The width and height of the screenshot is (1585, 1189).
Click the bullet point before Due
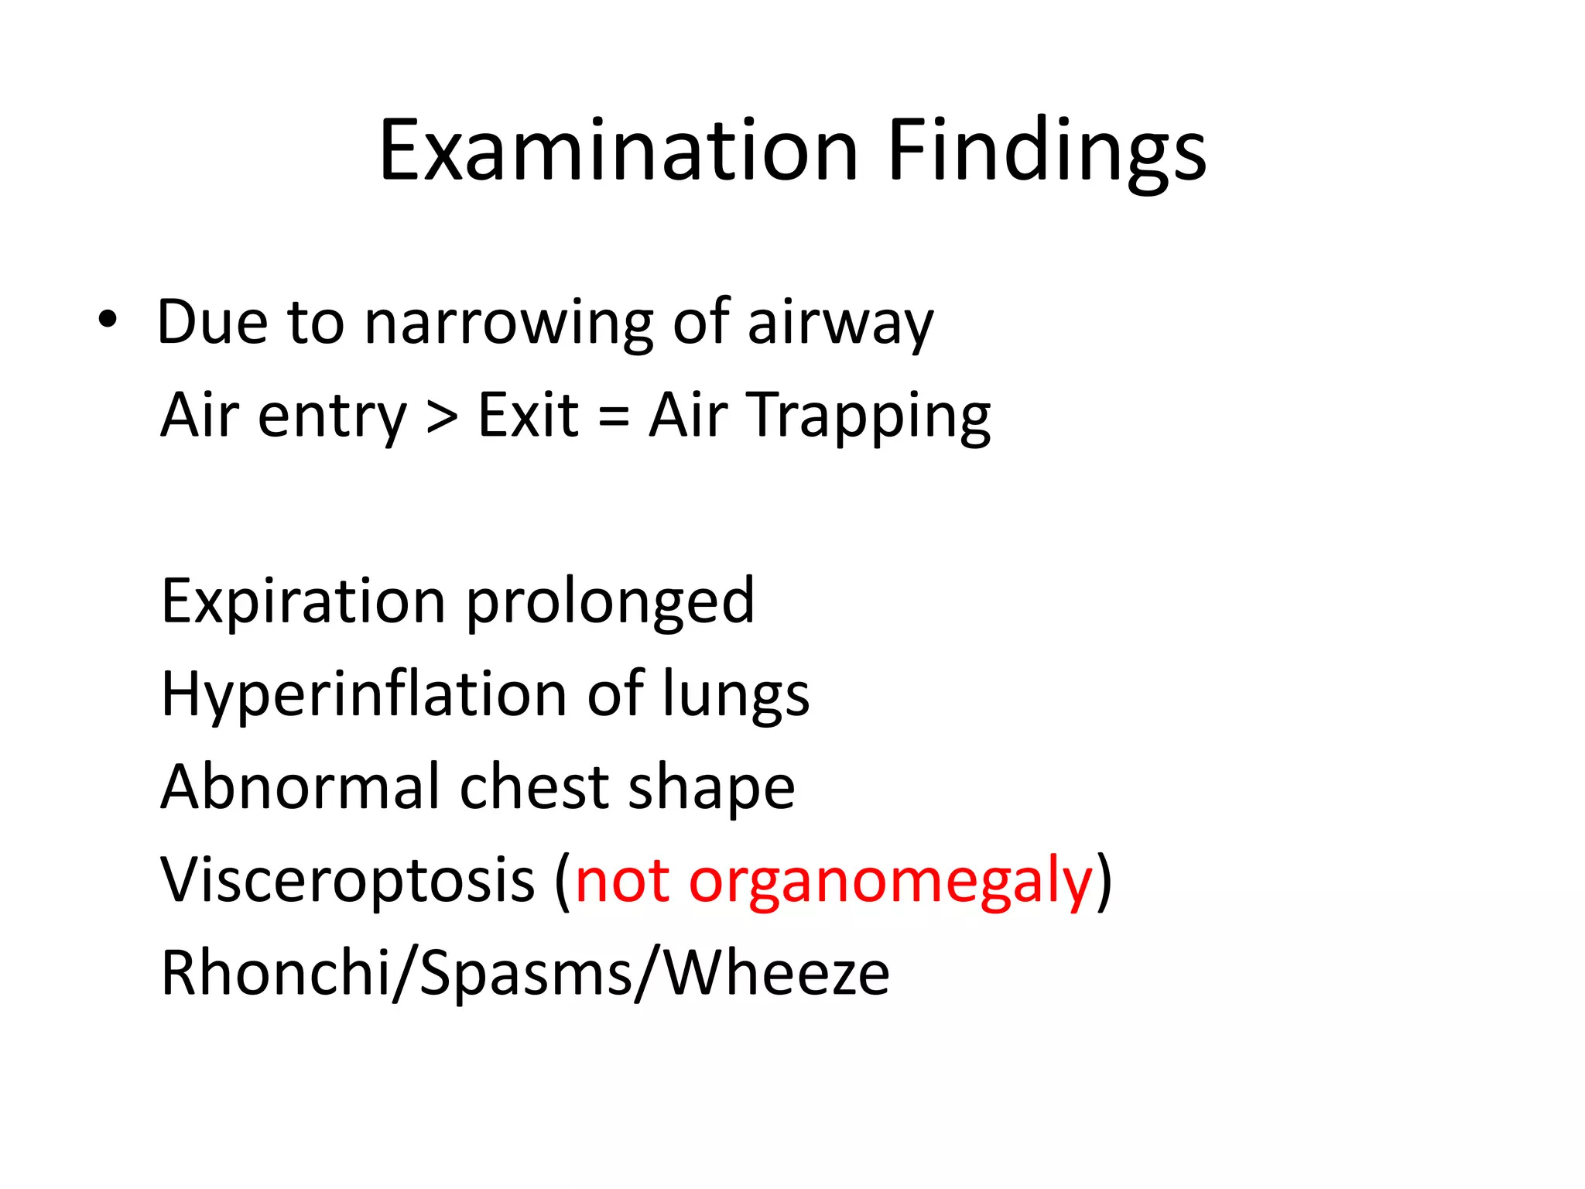108,320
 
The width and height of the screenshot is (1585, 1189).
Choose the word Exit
529,415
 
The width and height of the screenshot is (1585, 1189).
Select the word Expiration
303,601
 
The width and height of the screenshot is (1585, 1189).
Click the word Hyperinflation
364,694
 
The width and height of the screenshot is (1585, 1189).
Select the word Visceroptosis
347,880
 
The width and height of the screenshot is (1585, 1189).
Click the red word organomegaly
890,882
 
